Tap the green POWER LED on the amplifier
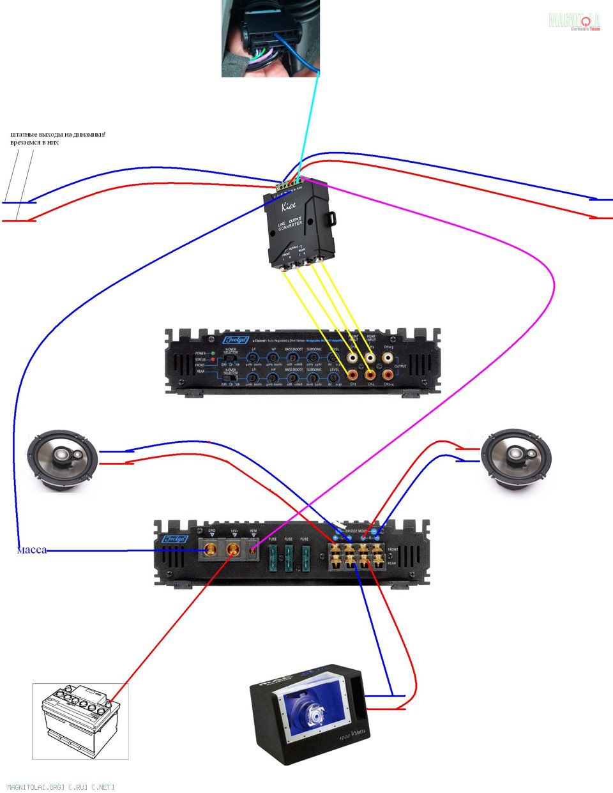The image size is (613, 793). (x=213, y=353)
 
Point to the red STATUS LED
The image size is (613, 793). (x=213, y=359)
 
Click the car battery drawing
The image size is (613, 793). (x=80, y=720)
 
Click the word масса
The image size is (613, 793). (x=31, y=550)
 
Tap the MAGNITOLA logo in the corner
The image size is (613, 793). (x=574, y=21)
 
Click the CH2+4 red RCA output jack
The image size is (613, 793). (x=388, y=374)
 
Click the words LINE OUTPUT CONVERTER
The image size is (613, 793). (x=291, y=225)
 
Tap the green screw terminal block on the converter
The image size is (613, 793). (x=287, y=183)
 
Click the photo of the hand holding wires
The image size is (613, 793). (x=269, y=38)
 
